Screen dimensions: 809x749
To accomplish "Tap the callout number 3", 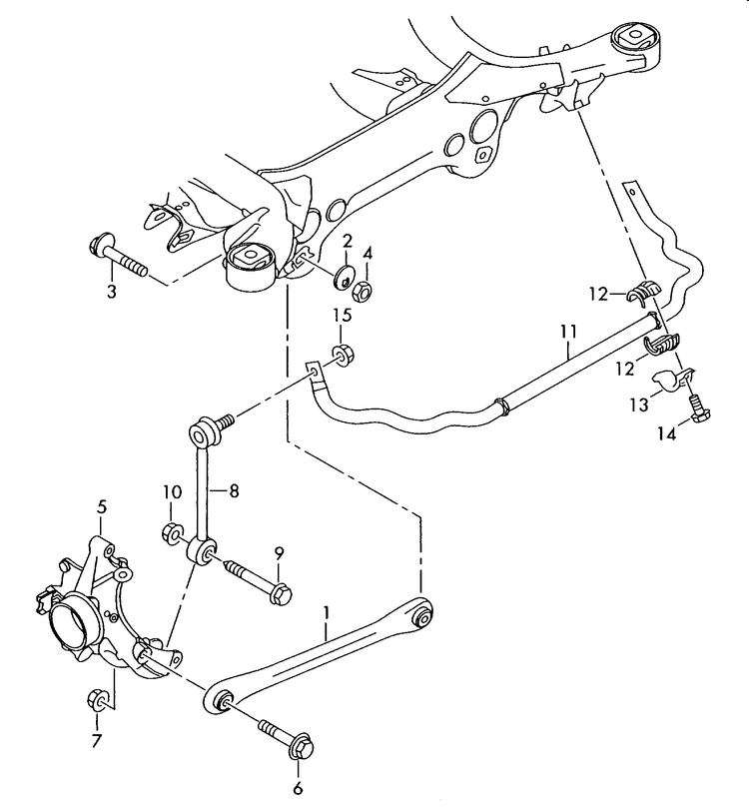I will pos(112,292).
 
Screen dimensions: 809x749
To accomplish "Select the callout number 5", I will pos(101,507).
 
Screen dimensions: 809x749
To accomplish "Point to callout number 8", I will pos(234,490).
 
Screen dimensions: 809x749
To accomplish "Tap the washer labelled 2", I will pos(344,275).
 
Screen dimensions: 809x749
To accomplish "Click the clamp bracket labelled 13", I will pos(674,381).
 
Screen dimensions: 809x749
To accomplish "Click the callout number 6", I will pos(297,789).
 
